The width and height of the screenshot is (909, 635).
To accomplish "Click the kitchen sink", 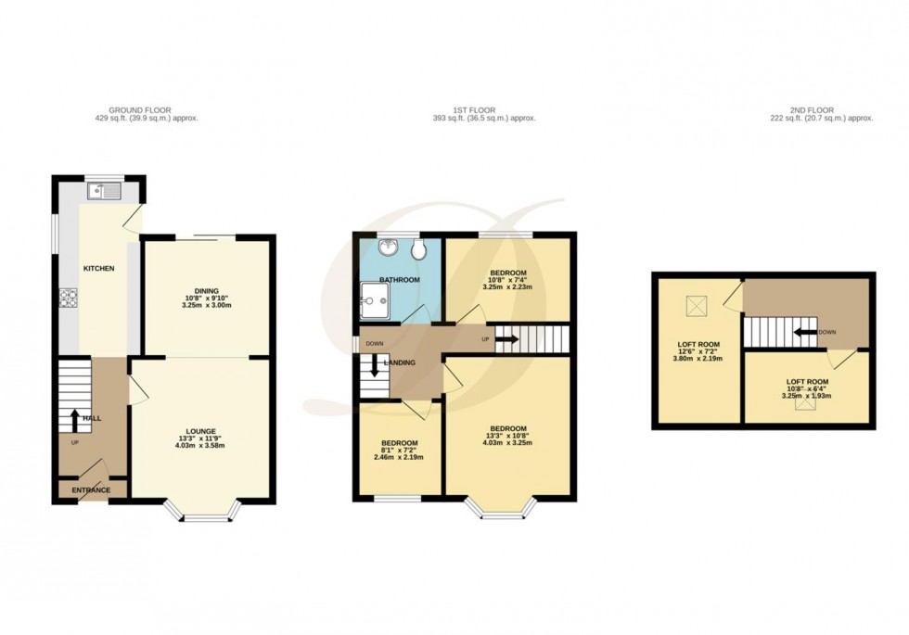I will point(103,192).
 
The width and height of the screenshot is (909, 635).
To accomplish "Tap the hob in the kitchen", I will point(69,298).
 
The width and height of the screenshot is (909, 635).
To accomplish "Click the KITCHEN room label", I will point(99,269).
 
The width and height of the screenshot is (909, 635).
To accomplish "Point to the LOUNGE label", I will point(201,431).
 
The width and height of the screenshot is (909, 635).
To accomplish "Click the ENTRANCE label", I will point(92,490).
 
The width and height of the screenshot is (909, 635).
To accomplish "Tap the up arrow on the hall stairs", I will point(75,419).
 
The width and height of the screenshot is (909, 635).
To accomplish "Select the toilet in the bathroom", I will point(418,248).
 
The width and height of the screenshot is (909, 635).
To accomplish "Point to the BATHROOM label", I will point(399,280).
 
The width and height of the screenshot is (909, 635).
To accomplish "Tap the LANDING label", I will point(401,362).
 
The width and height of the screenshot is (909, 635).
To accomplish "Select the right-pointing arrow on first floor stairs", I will point(506,339).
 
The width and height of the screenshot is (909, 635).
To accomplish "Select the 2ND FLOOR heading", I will point(821,110).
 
